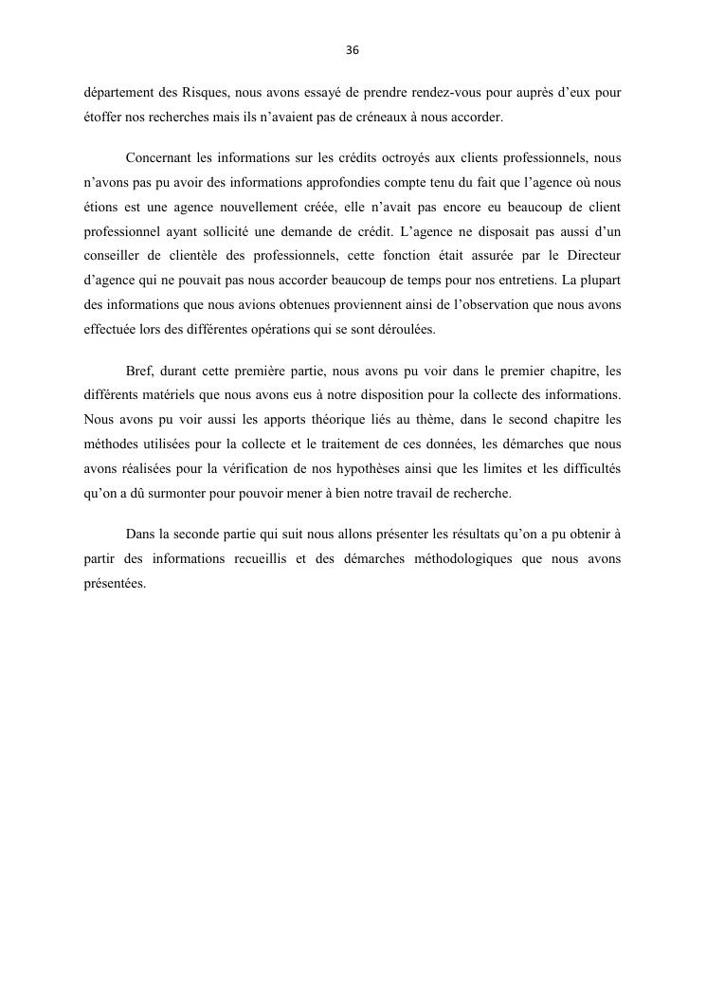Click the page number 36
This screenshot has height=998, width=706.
coord(353,50)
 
